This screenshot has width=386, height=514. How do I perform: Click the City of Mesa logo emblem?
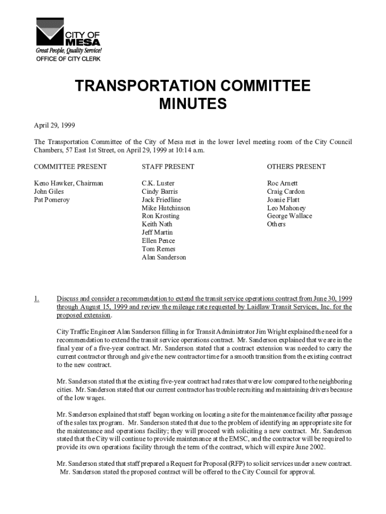pos(49,32)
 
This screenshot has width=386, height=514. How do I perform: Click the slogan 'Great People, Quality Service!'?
pos(68,51)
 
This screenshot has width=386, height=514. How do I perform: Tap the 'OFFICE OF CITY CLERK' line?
pos(68,59)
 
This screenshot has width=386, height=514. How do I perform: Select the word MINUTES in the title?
pos(192,104)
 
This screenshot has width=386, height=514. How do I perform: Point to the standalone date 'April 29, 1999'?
pos(55,125)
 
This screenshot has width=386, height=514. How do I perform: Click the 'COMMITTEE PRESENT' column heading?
pos(70,167)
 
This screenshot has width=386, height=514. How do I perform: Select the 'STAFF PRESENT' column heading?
pos(168,167)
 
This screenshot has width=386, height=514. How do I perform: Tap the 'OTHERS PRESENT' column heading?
pos(296,167)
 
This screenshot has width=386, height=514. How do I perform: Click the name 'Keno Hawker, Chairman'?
pos(68,183)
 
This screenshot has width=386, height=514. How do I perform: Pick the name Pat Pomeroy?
pos(52,200)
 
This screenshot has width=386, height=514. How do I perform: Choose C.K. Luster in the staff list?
pos(158,183)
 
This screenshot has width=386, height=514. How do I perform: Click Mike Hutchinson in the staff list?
pos(166,208)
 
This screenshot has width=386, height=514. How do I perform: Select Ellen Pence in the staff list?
pos(158,241)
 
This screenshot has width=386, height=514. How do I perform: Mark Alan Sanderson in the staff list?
pos(164,257)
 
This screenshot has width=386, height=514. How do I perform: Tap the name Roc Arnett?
pos(282,183)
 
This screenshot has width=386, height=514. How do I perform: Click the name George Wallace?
pos(289,216)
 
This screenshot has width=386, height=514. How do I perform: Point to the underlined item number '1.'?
pos(37,299)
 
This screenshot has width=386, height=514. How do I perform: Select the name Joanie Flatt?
pos(283,200)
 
